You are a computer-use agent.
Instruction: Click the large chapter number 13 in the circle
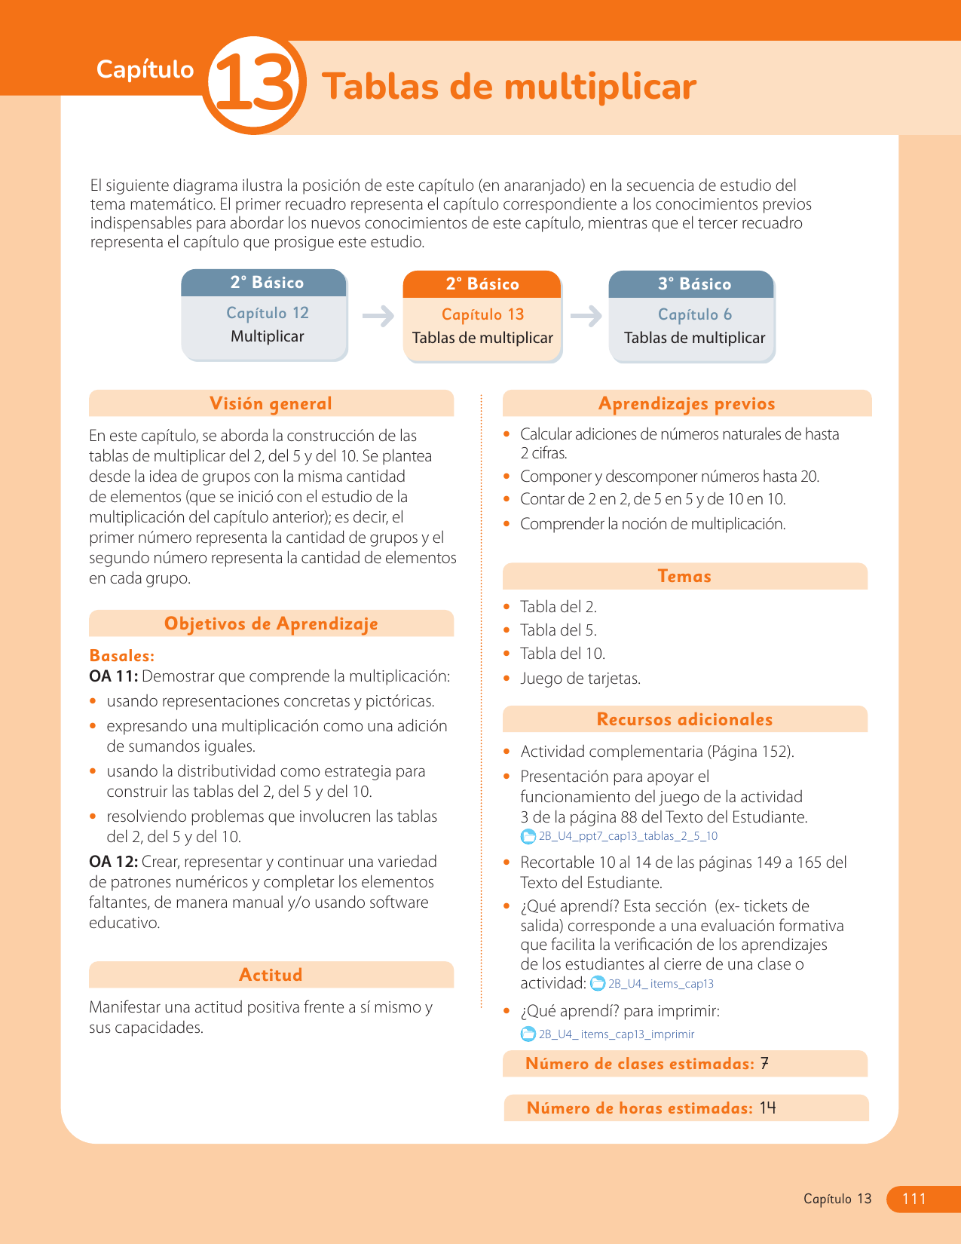[254, 86]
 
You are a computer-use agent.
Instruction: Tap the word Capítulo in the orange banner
[145, 69]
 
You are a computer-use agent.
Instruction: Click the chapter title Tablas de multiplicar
[509, 87]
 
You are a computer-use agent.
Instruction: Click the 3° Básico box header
[692, 284]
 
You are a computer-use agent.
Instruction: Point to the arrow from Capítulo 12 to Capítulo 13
[378, 315]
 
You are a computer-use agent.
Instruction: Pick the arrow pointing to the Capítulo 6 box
[586, 315]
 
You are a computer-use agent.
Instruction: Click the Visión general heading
[271, 403]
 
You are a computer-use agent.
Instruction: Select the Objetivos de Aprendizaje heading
[271, 624]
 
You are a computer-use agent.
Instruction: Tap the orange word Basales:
[121, 655]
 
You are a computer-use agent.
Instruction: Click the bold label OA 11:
[113, 676]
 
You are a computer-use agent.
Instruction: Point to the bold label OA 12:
[113, 862]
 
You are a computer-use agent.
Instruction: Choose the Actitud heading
[271, 975]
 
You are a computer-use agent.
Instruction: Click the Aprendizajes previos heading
[686, 403]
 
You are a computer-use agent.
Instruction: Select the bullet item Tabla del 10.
[562, 654]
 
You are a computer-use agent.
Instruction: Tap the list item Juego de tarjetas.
[580, 679]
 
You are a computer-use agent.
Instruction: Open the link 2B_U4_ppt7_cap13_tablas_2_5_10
[627, 836]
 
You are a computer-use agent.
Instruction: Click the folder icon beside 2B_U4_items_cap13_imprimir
[528, 1034]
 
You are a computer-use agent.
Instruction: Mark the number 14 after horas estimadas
[767, 1108]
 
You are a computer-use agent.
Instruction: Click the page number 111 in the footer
[914, 1199]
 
